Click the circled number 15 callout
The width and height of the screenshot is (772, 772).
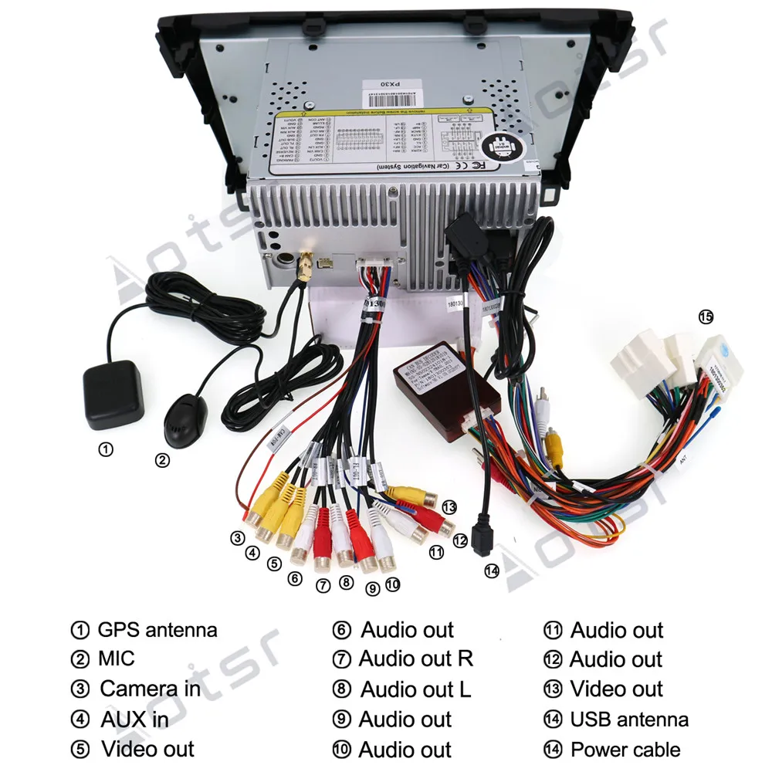pyautogui.click(x=706, y=316)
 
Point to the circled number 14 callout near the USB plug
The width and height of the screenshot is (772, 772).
pyautogui.click(x=492, y=571)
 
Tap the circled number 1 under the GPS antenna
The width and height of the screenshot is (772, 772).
pyautogui.click(x=106, y=449)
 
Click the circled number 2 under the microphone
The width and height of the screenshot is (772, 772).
pyautogui.click(x=162, y=460)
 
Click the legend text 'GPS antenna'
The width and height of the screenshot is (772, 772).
pyautogui.click(x=157, y=630)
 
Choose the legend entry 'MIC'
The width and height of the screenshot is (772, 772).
pyautogui.click(x=116, y=659)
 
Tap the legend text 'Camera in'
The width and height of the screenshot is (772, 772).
pyautogui.click(x=150, y=689)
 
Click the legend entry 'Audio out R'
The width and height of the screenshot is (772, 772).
pyautogui.click(x=415, y=659)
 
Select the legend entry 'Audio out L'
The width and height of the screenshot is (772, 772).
pyautogui.click(x=415, y=689)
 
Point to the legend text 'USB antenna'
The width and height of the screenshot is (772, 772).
pyautogui.click(x=629, y=720)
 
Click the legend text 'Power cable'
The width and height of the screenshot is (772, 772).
pyautogui.click(x=625, y=749)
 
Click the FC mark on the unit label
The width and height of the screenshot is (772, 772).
pyautogui.click(x=478, y=164)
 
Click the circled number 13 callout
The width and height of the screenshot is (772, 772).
pyautogui.click(x=449, y=506)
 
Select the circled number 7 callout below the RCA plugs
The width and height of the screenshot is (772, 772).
pyautogui.click(x=323, y=585)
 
